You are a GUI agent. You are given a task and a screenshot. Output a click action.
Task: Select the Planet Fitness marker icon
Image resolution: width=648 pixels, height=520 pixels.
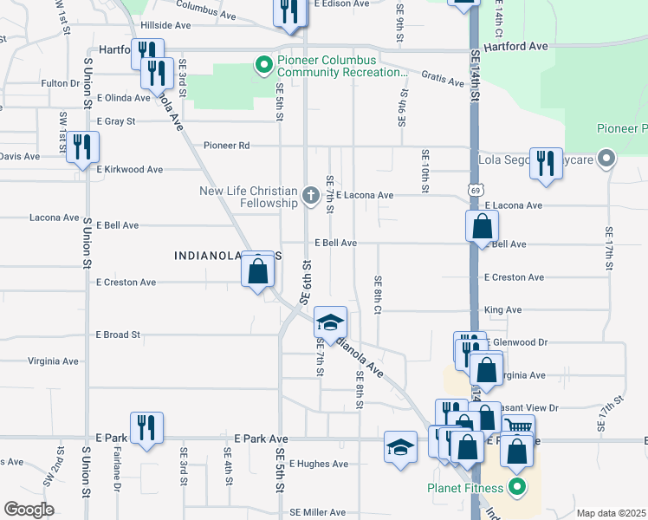click(x=517, y=487)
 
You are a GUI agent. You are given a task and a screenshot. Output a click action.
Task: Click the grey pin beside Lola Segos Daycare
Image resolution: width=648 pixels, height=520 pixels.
click(x=606, y=159)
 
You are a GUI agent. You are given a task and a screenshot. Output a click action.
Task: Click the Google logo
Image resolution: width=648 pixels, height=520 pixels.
click(x=29, y=510)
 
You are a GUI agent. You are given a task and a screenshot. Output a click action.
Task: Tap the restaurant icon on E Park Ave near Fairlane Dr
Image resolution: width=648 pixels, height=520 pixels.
click(x=146, y=427)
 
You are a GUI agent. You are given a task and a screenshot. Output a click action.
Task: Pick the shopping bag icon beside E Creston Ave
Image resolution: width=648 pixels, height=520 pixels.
click(x=258, y=272)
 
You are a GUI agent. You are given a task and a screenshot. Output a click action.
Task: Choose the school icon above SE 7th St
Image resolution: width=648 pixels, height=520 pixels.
click(x=329, y=322)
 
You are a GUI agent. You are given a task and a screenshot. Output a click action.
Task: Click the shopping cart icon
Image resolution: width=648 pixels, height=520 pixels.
click(x=518, y=427)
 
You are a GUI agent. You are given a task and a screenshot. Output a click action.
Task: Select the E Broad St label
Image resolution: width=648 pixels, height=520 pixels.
click(x=118, y=335)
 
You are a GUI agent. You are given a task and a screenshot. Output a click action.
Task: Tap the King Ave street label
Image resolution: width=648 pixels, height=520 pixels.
click(x=503, y=309)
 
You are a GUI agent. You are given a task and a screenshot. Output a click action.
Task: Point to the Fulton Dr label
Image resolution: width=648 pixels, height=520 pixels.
click(x=60, y=83)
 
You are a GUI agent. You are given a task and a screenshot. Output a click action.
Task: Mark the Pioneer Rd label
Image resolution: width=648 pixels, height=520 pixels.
click(x=227, y=146)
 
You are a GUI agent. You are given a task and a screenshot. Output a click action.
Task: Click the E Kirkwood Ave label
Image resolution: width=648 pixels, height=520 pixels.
click(x=130, y=170)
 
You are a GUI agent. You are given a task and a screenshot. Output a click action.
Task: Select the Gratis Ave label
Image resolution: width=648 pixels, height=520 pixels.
click(x=443, y=80)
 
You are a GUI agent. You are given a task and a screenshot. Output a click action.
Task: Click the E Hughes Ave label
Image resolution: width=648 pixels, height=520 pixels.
click(x=323, y=464)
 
